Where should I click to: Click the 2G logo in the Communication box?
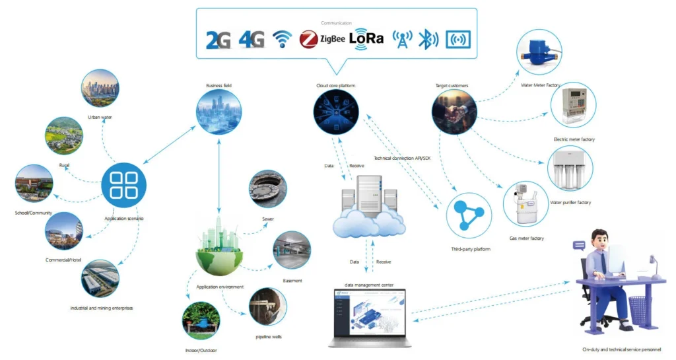219,40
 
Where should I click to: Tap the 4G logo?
251,40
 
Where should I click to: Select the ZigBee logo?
323,40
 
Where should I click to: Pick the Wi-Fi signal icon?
282,40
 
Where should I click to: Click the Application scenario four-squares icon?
123,185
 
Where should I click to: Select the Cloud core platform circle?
336,112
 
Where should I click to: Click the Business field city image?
219,112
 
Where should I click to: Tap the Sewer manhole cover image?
267,189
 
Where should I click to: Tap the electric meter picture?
573,106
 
